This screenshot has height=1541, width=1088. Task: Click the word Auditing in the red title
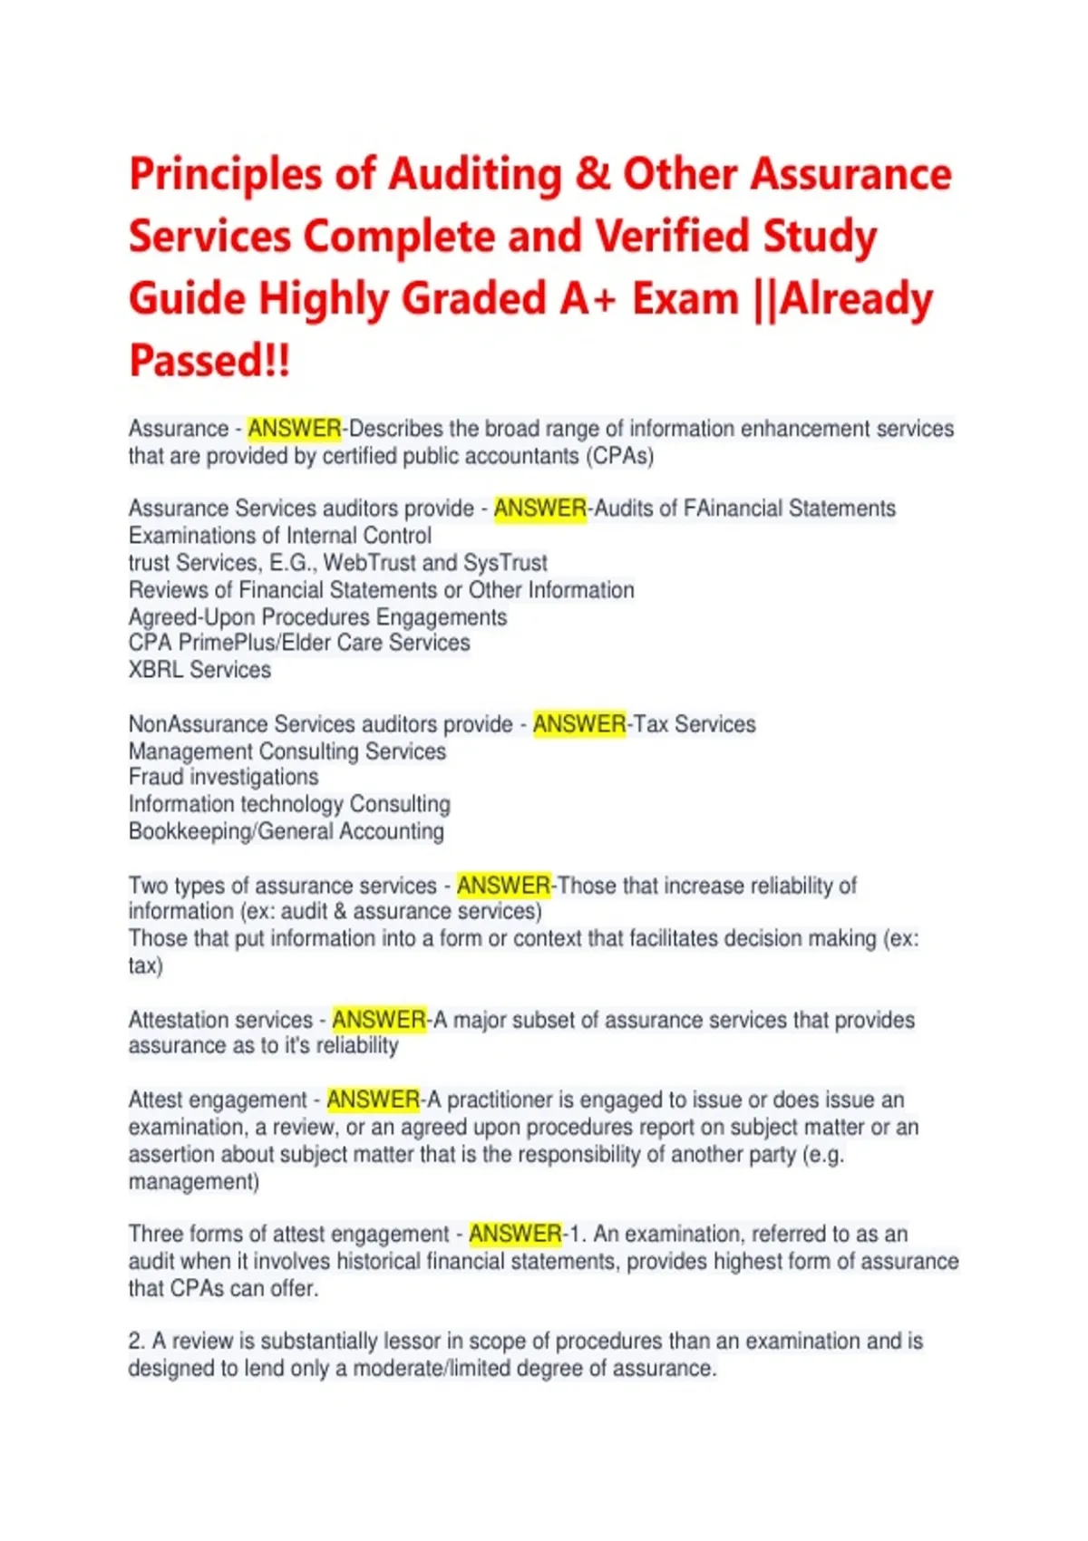pos(475,175)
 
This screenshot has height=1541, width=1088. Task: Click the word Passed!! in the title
pos(209,360)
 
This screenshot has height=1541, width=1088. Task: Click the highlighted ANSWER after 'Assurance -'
pos(295,429)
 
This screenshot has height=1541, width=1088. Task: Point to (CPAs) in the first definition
pos(621,456)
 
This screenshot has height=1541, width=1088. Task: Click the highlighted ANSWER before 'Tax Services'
pos(579,724)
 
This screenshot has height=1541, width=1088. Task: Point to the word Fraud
pos(156,777)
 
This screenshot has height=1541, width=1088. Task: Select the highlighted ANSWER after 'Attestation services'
pos(379,1020)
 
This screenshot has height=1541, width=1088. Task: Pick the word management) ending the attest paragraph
pos(194,1181)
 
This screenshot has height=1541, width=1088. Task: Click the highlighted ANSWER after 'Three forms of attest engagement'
pos(515,1234)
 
